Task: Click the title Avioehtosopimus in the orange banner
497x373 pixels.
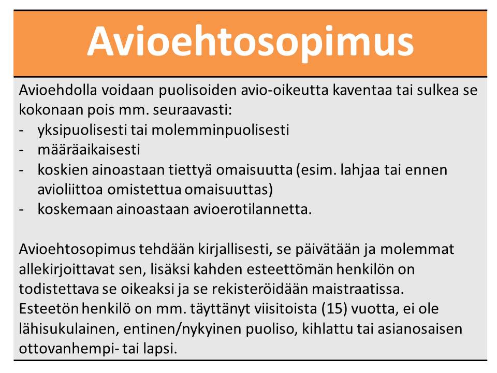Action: coord(251,42)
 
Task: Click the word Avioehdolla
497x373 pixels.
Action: coord(57,90)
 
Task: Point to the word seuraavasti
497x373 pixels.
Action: coord(193,110)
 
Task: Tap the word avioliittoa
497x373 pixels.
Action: coord(70,190)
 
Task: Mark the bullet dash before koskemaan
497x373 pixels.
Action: coord(21,210)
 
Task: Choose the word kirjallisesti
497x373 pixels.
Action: coord(235,249)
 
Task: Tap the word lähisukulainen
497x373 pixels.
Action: coord(69,329)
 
